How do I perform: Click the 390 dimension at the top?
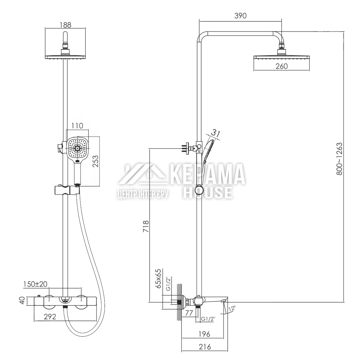[240, 16]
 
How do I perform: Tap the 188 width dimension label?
[66, 25]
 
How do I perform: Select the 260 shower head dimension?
[282, 66]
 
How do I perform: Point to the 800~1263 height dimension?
[339, 159]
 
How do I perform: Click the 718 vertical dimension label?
[146, 226]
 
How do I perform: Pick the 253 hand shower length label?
[96, 161]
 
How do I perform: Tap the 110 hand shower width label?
[77, 126]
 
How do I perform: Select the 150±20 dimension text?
[35, 284]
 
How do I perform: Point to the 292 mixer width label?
[50, 317]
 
